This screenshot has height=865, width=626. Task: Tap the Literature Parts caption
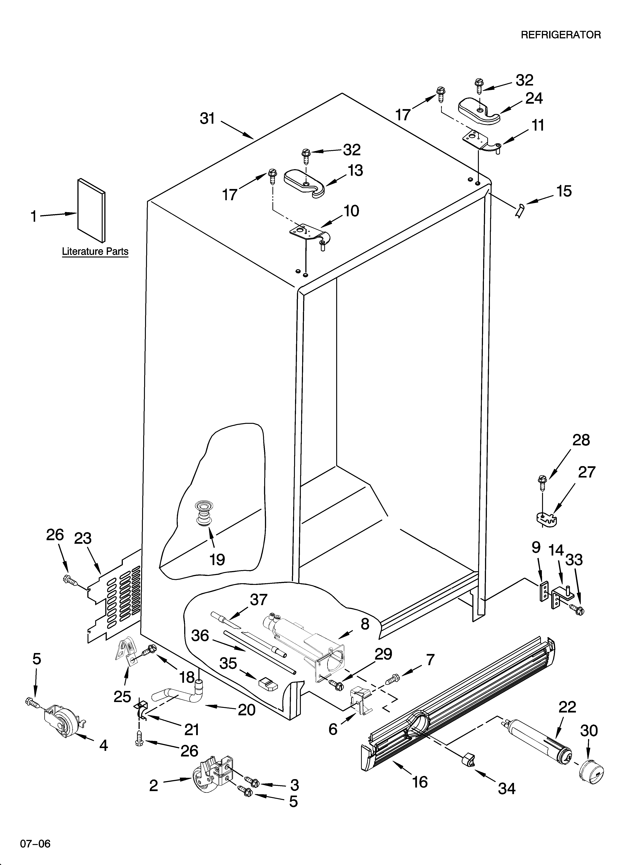click(95, 252)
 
